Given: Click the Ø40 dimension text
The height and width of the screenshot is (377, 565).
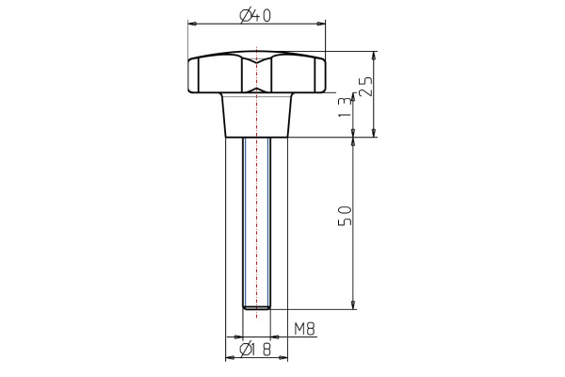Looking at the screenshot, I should point(257,14).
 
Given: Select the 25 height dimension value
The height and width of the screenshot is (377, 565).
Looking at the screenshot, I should point(368,88).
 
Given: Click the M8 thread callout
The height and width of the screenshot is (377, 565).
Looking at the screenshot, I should point(303,329).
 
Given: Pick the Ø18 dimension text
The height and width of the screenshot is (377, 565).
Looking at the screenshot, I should point(256,351).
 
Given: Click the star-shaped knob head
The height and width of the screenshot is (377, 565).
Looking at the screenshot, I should point(257,74).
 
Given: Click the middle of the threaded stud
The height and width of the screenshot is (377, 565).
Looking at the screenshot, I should point(257,221).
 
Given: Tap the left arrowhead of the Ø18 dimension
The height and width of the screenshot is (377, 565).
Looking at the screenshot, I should point(231,358).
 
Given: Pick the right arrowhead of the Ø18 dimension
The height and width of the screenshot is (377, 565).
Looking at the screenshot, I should point(284,358).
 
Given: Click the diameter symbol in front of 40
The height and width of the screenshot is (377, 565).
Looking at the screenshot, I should point(245,14).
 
